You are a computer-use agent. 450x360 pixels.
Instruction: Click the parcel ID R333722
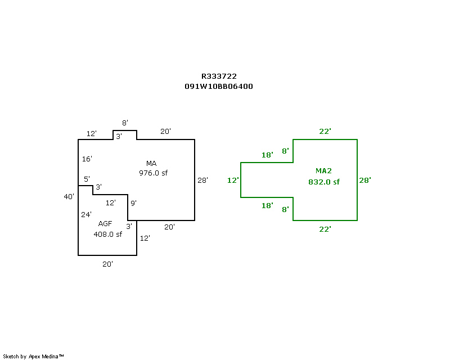coord(219,76)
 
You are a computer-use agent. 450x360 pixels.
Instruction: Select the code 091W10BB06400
coord(219,87)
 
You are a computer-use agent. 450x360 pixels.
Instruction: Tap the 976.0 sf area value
coord(153,173)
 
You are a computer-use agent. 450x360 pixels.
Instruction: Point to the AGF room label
coord(105,224)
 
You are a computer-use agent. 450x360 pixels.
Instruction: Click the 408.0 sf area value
coord(108,234)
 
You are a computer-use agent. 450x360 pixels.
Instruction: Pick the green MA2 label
coord(323,171)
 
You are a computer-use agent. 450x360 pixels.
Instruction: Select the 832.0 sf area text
coord(324,182)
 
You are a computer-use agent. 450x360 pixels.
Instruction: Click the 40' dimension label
coord(69,197)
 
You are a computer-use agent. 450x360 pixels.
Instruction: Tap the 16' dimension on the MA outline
coord(87,159)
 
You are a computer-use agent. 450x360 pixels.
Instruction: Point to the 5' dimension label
coord(87,179)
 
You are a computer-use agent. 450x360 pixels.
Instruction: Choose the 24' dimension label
coord(86,214)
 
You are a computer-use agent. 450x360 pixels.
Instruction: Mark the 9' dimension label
coord(133,203)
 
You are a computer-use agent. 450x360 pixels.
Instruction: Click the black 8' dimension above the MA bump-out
coord(125,123)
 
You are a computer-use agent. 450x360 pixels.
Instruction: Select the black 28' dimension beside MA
coord(202,181)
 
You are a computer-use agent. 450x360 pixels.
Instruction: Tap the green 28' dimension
coord(365,181)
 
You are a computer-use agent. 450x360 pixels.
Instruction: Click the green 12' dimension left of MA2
coord(233,181)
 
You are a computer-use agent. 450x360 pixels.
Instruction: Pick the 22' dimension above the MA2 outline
coord(325,132)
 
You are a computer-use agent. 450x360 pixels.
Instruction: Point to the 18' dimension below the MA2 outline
coord(267,205)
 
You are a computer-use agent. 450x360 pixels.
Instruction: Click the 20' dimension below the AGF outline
coord(107,264)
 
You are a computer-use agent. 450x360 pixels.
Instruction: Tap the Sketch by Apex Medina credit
coord(33,357)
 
